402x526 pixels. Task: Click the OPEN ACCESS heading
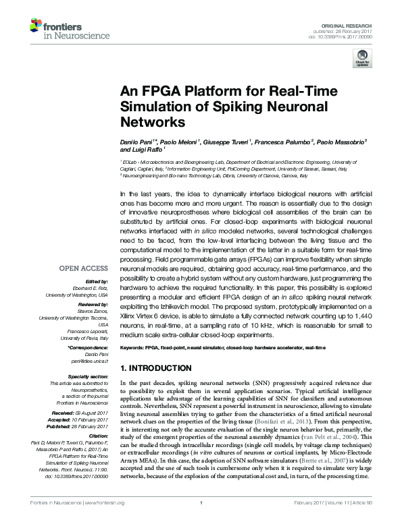pyautogui.click(x=82, y=268)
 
